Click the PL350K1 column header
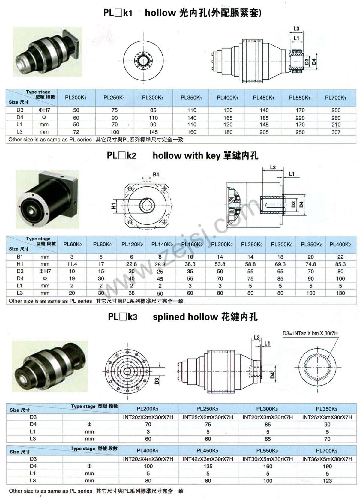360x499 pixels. (191, 98)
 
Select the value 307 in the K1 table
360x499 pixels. (336, 132)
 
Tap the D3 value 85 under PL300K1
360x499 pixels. (153, 110)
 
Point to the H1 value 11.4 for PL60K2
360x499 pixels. (72, 264)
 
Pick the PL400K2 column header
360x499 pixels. (340, 245)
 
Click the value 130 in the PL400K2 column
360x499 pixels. (340, 293)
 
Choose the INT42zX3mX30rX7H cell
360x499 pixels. (208, 459)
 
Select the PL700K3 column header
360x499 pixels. (327, 451)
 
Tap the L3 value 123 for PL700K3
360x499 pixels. (327, 481)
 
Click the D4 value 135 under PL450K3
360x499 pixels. (208, 467)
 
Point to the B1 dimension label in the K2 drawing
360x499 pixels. (156, 174)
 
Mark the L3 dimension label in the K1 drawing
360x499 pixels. (296, 29)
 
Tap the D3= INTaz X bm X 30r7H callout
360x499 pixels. (310, 333)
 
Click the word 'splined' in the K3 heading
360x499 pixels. (169, 317)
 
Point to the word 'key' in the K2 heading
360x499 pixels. (213, 155)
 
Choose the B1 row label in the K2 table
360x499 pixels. (20, 257)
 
